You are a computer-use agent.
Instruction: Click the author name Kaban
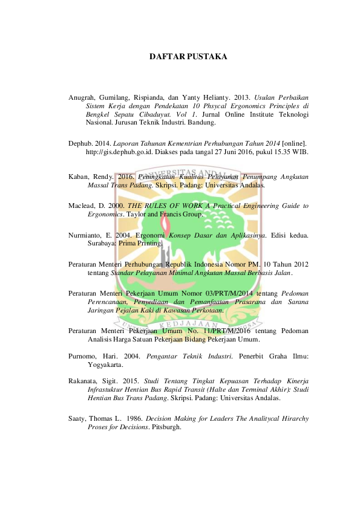tap(79, 177)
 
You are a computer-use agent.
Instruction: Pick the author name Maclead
tap(82, 206)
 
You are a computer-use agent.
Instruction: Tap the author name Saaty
tap(77, 418)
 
